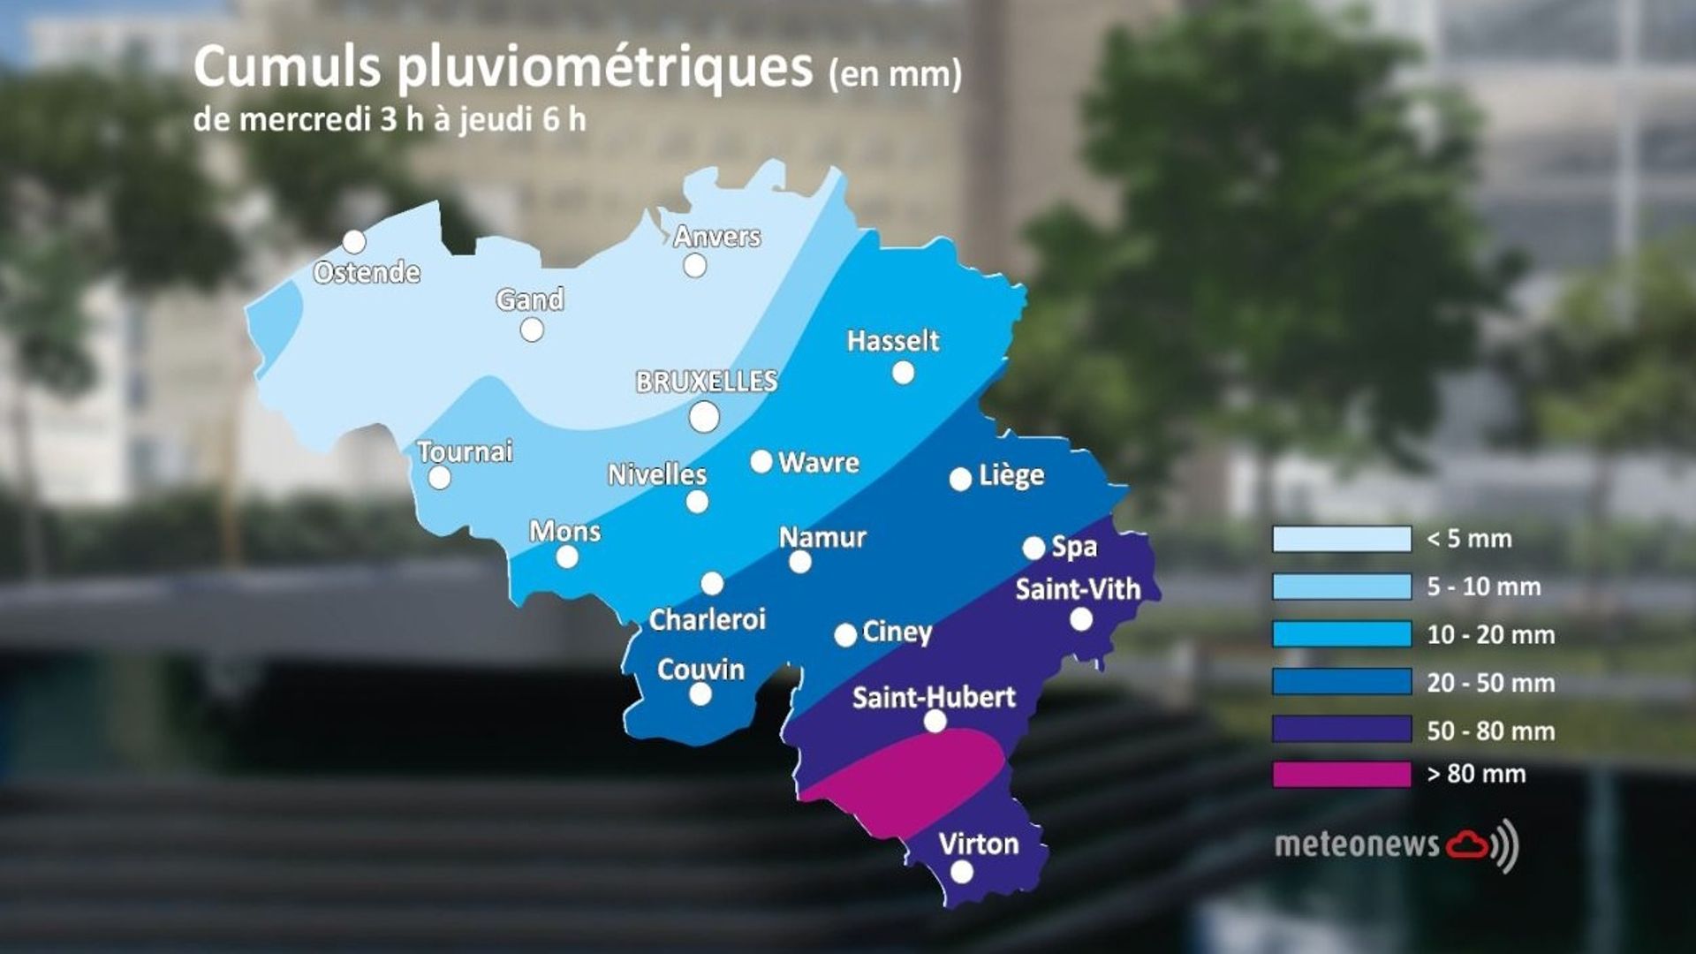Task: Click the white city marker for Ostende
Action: pyautogui.click(x=354, y=242)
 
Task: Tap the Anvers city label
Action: pyautogui.click(x=716, y=237)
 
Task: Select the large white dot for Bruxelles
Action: pyautogui.click(x=704, y=417)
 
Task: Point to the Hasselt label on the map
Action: pyautogui.click(x=892, y=341)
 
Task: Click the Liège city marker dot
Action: pyautogui.click(x=960, y=480)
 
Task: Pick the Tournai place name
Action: pyautogui.click(x=465, y=452)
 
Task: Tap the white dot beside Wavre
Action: pyautogui.click(x=761, y=461)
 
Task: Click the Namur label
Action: pyautogui.click(x=822, y=537)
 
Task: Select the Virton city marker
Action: pyautogui.click(x=962, y=873)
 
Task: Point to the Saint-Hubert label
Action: pyautogui.click(x=934, y=698)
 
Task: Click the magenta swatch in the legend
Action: pyautogui.click(x=1341, y=775)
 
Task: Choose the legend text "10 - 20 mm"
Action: pyautogui.click(x=1490, y=635)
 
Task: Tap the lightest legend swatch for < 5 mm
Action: pyautogui.click(x=1341, y=539)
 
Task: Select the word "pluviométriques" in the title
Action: pyautogui.click(x=604, y=69)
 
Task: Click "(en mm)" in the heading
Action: pyautogui.click(x=895, y=74)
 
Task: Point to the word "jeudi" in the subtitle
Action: pyautogui.click(x=496, y=119)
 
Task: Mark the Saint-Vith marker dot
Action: pyautogui.click(x=1080, y=620)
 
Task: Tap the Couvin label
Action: pyautogui.click(x=700, y=670)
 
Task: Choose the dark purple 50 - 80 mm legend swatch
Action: pyautogui.click(x=1341, y=730)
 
